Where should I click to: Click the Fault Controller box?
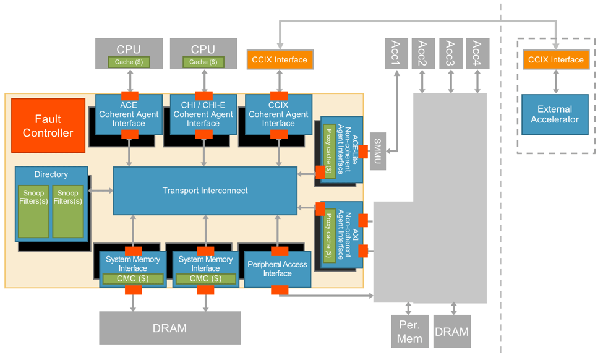point(48,126)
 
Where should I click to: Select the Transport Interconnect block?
point(205,191)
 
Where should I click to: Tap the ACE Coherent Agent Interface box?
point(129,114)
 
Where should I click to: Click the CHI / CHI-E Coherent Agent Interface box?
point(203,114)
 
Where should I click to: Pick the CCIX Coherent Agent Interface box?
point(278,114)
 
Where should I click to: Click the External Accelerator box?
point(554,114)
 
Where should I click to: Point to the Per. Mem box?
point(409,332)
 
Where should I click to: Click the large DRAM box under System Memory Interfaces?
point(169,328)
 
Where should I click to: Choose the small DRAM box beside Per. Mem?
point(451,332)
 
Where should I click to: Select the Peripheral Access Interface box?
point(277,268)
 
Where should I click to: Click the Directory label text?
point(51,174)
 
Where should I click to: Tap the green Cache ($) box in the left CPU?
point(129,62)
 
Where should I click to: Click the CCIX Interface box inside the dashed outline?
point(555,60)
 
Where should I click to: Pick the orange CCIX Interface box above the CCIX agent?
point(279,60)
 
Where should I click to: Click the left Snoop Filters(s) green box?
point(34,211)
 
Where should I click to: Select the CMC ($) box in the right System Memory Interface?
point(205,279)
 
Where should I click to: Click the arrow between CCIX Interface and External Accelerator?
point(555,81)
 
